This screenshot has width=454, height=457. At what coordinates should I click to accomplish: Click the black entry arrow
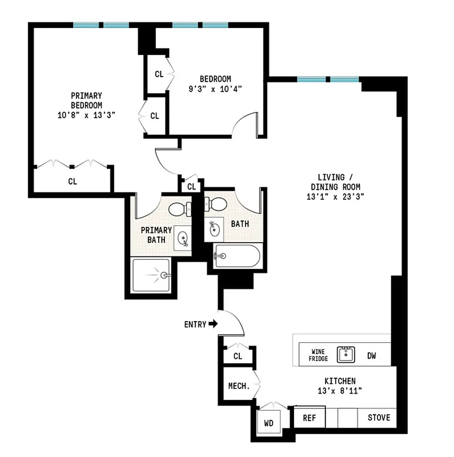(214, 324)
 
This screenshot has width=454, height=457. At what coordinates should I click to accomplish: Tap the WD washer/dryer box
(268, 424)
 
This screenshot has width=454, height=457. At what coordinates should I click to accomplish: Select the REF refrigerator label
(309, 418)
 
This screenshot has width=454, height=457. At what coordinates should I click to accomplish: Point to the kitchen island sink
(345, 355)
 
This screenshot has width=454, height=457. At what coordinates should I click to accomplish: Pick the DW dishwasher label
(371, 355)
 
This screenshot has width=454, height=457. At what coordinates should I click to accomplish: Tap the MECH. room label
(239, 386)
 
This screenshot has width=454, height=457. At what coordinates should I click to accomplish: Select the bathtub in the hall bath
(238, 256)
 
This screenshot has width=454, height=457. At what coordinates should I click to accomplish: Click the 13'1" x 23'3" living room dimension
(336, 196)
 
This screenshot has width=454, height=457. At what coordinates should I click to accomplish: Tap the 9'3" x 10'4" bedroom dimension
(215, 89)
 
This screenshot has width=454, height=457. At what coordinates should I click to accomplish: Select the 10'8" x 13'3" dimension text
(86, 115)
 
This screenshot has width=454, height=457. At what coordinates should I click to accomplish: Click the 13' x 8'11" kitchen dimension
(340, 391)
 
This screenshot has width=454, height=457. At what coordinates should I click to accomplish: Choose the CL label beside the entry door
(238, 356)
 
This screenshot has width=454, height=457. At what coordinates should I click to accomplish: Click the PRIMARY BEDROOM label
(86, 101)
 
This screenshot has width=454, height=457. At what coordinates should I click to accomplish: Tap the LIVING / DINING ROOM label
(336, 182)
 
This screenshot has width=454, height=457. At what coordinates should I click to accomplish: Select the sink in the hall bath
(215, 229)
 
